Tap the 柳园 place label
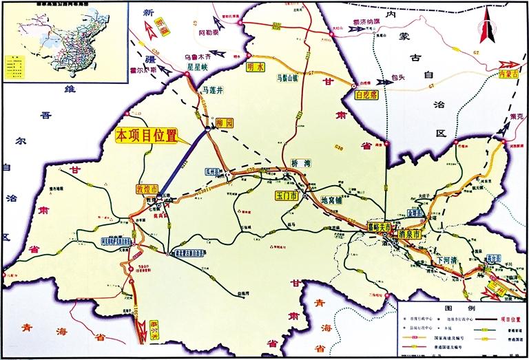(225, 123)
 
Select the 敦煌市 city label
(145, 189)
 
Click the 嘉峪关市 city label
(380, 226)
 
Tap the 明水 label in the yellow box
(256, 67)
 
